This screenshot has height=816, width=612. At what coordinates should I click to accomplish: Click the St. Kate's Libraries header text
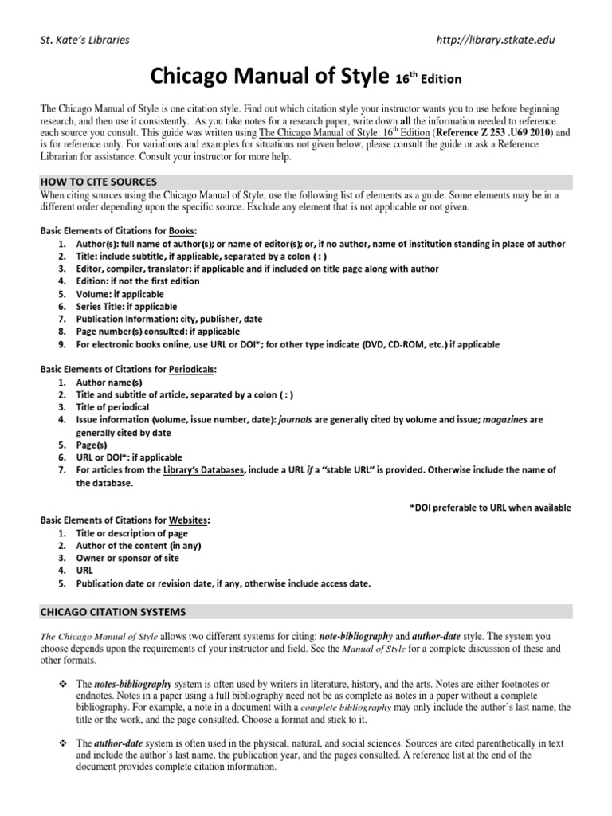pos(85,40)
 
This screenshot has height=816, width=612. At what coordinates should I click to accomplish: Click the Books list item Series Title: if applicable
pos(127,307)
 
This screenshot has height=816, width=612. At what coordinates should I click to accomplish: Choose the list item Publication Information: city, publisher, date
pos(169,320)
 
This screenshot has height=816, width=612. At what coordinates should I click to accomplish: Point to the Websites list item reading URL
pos(84,571)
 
